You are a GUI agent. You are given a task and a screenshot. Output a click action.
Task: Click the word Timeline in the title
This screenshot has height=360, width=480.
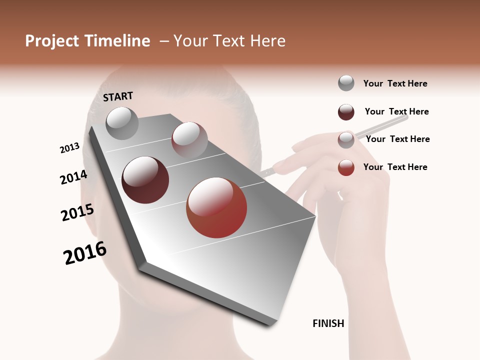(x=119, y=41)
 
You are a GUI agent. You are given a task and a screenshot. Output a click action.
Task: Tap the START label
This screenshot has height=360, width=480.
(x=118, y=96)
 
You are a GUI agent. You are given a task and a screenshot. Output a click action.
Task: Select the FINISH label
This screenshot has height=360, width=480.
(x=328, y=323)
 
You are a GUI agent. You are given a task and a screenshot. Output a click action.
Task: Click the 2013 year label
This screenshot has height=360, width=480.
(x=69, y=148)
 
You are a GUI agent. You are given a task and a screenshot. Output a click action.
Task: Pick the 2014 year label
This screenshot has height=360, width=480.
(x=73, y=177)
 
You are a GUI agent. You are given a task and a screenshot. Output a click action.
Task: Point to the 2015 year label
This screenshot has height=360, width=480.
(x=77, y=212)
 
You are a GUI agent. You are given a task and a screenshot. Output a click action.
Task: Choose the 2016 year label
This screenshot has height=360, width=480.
(x=85, y=253)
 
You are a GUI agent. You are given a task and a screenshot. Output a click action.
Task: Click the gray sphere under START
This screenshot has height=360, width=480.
(x=122, y=123)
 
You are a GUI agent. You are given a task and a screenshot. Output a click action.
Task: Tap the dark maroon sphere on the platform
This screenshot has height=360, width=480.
(x=145, y=180)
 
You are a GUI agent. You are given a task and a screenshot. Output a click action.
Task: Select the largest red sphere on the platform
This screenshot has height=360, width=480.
(x=216, y=207)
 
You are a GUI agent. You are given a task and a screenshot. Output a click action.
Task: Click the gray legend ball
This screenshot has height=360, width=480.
(x=346, y=83)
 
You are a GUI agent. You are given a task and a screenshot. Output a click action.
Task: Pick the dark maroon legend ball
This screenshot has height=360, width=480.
(x=346, y=112)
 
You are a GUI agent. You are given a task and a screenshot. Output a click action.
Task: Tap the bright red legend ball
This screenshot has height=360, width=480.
(x=346, y=167)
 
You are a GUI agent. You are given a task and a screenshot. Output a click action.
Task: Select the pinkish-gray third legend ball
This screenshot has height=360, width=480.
(x=346, y=140)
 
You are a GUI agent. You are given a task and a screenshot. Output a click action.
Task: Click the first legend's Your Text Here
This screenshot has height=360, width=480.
(x=395, y=83)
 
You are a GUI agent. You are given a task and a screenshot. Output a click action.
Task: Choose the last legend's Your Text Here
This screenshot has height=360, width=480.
(x=395, y=167)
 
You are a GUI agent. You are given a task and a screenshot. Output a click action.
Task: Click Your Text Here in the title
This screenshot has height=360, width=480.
(x=229, y=41)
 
